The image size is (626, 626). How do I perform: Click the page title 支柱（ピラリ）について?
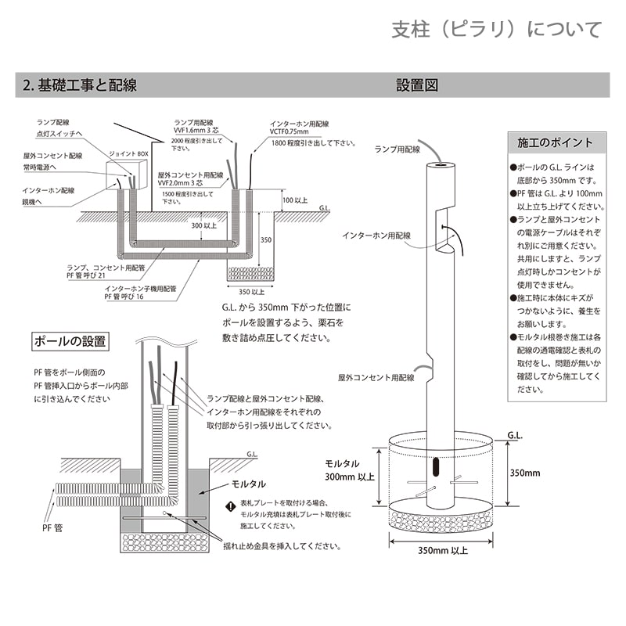(497, 30)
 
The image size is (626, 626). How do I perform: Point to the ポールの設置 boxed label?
(70, 342)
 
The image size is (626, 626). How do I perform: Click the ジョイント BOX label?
(129, 155)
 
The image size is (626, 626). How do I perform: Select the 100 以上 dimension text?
(296, 201)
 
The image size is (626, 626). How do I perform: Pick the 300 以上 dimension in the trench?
(204, 225)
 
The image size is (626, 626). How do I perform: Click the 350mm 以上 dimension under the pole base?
(443, 550)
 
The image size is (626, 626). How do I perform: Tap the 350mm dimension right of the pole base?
(525, 473)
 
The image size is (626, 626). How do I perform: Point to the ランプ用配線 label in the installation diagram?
(397, 149)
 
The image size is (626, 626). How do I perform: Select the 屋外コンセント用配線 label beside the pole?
(376, 377)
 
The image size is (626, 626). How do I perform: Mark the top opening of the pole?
(441, 166)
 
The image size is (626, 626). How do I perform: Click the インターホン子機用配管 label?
(140, 289)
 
